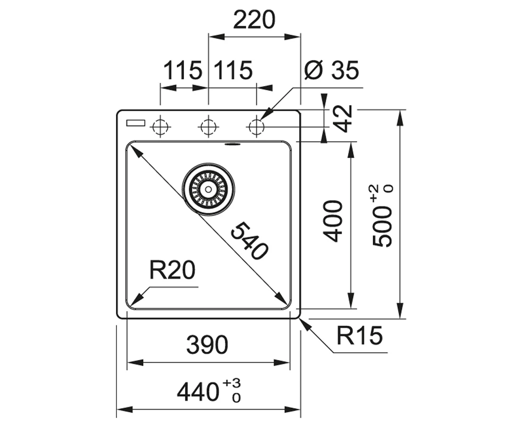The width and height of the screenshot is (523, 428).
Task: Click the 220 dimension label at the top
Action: pyautogui.click(x=254, y=20)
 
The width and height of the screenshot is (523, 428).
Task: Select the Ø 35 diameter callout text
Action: pyautogui.click(x=332, y=70)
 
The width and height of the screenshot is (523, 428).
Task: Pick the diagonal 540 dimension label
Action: pyautogui.click(x=249, y=241)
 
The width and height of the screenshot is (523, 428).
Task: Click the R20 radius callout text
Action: pyautogui.click(x=172, y=270)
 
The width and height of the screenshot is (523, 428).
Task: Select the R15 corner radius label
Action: pyautogui.click(x=359, y=335)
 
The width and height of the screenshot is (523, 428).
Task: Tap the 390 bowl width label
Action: pyautogui.click(x=207, y=345)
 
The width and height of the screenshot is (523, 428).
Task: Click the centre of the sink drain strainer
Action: pyautogui.click(x=208, y=189)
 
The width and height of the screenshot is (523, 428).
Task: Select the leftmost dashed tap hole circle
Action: pyautogui.click(x=160, y=127)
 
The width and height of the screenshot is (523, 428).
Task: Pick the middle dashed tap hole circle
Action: pyautogui.click(x=208, y=127)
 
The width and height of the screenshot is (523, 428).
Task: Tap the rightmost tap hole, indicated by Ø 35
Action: pyautogui.click(x=256, y=127)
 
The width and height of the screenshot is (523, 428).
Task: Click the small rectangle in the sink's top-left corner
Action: pyautogui.click(x=136, y=123)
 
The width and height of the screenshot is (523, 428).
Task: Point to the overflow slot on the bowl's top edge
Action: pyautogui.click(x=232, y=145)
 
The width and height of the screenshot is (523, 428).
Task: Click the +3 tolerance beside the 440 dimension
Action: pyautogui.click(x=232, y=383)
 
